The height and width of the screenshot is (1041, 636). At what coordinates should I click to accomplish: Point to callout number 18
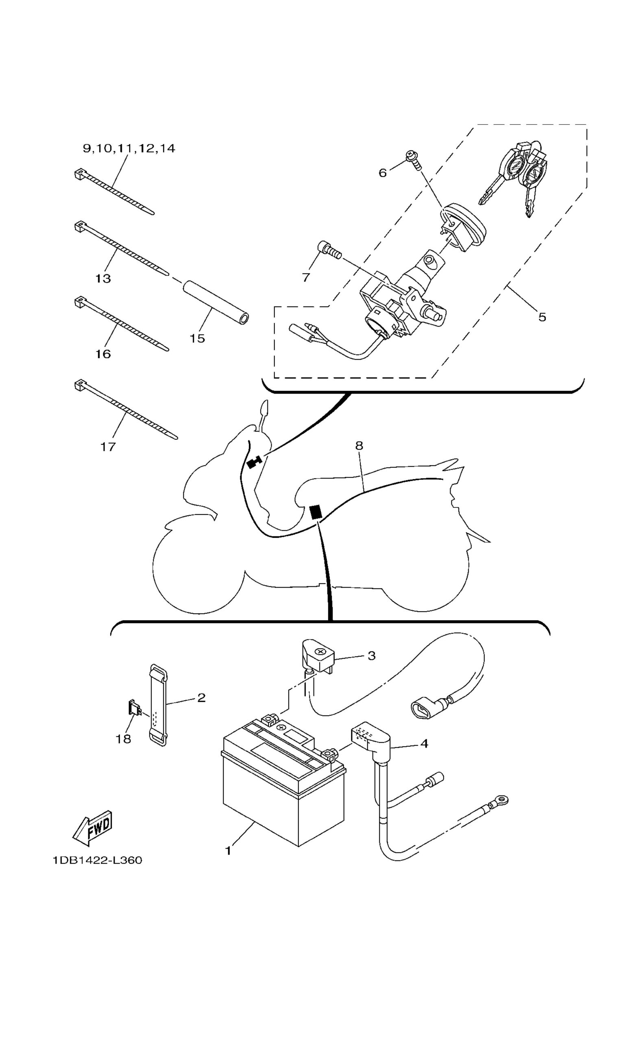(123, 739)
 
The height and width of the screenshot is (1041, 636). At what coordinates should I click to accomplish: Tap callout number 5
(542, 317)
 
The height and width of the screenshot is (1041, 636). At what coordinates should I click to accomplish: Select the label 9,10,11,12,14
(129, 148)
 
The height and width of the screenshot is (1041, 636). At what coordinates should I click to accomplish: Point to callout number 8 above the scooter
(359, 445)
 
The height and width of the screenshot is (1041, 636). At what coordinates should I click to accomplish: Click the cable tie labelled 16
(122, 324)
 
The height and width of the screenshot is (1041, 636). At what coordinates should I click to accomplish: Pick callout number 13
(103, 279)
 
